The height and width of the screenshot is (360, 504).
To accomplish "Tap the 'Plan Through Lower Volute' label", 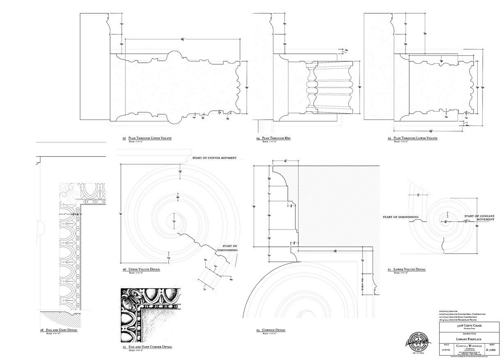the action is (x=415, y=138).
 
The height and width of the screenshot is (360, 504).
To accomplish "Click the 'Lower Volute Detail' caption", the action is (x=409, y=269).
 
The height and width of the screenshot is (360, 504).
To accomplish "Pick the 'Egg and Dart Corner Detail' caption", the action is (x=150, y=347).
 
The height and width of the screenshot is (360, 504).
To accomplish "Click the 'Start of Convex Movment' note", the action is (x=214, y=158).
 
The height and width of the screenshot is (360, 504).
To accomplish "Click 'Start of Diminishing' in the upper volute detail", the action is (x=230, y=248).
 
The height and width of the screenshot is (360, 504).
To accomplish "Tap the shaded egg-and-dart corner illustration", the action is (x=150, y=315).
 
